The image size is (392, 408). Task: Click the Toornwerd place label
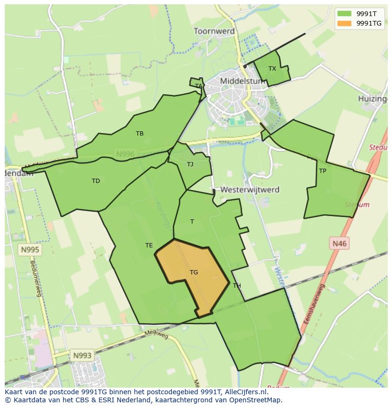point(214,31)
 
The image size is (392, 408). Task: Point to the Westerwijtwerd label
point(249,190)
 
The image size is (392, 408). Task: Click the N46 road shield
point(339,244)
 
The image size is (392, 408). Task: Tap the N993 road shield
point(82,355)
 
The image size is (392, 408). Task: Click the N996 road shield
point(125,154)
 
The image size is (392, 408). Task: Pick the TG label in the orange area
point(194,272)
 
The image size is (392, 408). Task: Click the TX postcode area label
point(272,69)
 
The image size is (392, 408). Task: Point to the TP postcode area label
point(322,171)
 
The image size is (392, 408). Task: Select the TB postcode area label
point(140,134)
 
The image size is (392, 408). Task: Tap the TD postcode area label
point(96,181)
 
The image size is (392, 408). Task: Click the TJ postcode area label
point(190,164)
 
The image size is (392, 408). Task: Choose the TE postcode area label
point(149,245)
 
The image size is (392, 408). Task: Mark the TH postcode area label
point(237,286)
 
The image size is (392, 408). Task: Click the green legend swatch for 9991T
point(344,14)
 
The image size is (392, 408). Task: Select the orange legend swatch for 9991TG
point(344,23)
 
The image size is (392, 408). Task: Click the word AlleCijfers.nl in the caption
point(245,392)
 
